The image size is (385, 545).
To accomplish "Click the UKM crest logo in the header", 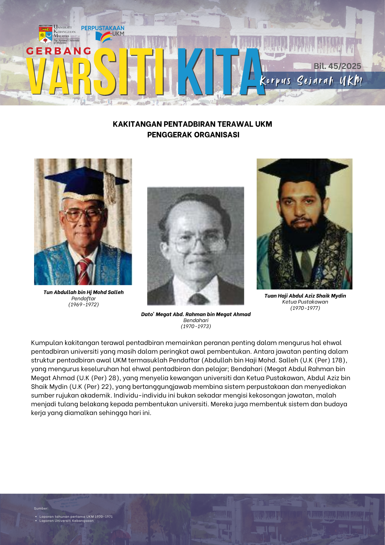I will pyautogui.click(x=45, y=34).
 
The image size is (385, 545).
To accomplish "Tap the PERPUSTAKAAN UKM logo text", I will pyautogui.click(x=103, y=28).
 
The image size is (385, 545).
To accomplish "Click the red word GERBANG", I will pyautogui.click(x=59, y=51).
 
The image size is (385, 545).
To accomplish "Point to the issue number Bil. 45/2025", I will pyautogui.click(x=337, y=66).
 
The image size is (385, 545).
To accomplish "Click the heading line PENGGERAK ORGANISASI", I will pyautogui.click(x=193, y=135).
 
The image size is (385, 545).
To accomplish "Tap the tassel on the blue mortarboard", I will pyautogui.click(x=110, y=188).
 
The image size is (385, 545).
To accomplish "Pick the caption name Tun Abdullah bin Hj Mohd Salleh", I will pyautogui.click(x=84, y=292).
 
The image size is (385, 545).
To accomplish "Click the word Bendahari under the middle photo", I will pyautogui.click(x=196, y=320).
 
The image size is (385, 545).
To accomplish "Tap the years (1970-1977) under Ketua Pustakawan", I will pyautogui.click(x=305, y=308).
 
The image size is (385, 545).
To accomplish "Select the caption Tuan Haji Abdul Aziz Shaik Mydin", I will pyautogui.click(x=305, y=296).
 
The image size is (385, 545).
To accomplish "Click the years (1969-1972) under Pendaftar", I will pyautogui.click(x=84, y=305).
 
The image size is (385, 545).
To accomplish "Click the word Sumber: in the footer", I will pyautogui.click(x=41, y=508).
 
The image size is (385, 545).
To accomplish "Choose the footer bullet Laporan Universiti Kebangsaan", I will pyautogui.click(x=66, y=521).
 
